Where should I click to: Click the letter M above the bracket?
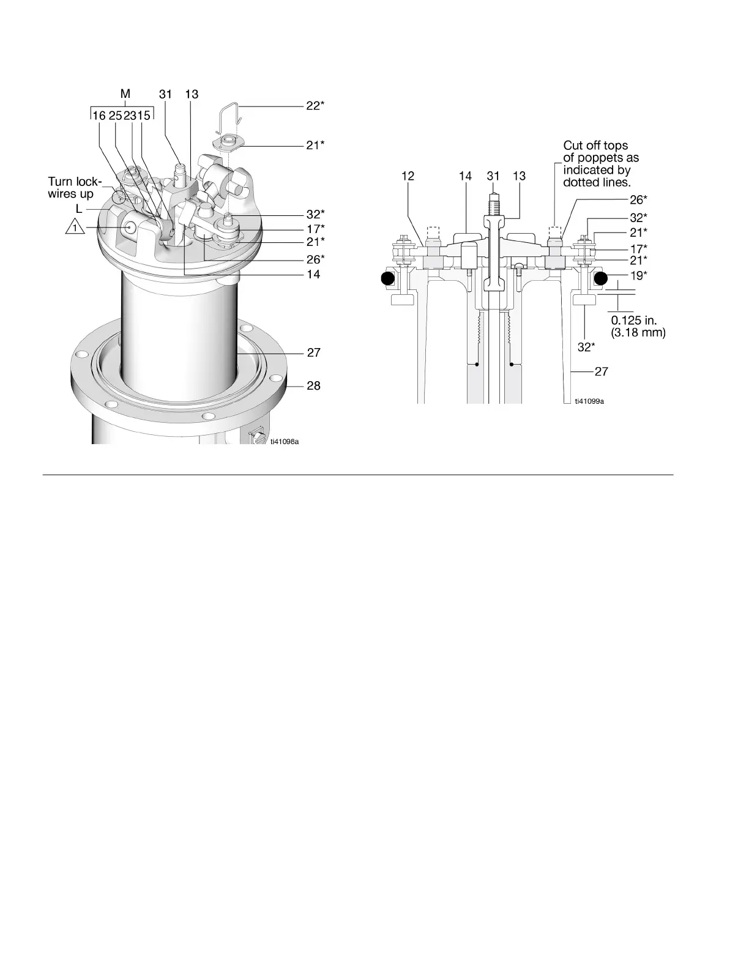pyautogui.click(x=125, y=94)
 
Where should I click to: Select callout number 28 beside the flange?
pyautogui.click(x=313, y=385)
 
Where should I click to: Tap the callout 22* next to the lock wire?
pyautogui.click(x=315, y=105)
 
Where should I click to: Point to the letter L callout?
pyautogui.click(x=79, y=209)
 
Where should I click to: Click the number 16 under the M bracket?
pyautogui.click(x=99, y=115)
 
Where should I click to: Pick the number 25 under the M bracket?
pyautogui.click(x=116, y=115)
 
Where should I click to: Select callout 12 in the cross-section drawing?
pyautogui.click(x=408, y=176)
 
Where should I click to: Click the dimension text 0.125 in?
pyautogui.click(x=634, y=321)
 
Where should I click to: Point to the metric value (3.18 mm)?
pyautogui.click(x=638, y=333)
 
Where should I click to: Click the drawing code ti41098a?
pyautogui.click(x=285, y=441)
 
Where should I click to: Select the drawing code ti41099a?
pyautogui.click(x=589, y=401)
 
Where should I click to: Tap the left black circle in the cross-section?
pyautogui.click(x=387, y=279)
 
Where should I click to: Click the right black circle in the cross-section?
pyautogui.click(x=600, y=279)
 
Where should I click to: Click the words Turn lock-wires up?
pyautogui.click(x=75, y=188)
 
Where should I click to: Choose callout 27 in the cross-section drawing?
pyautogui.click(x=602, y=371)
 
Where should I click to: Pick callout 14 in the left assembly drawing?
pyautogui.click(x=313, y=274)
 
